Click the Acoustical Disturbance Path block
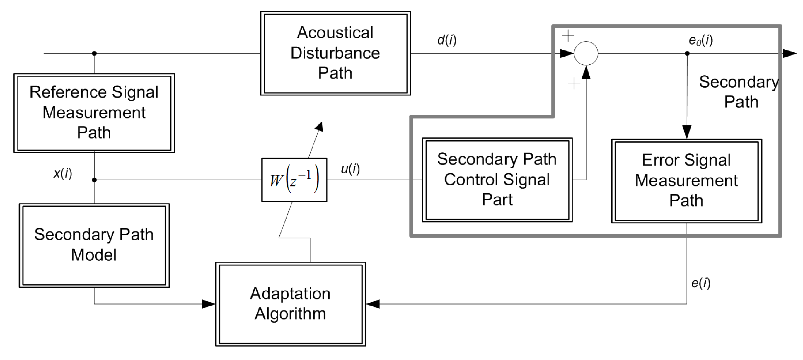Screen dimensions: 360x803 tap(335, 53)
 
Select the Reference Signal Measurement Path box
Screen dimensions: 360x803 tap(94, 113)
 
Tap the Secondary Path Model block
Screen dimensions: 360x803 tap(94, 245)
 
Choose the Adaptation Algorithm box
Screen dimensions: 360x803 tap(291, 304)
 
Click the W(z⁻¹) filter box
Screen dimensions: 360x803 tap(294, 180)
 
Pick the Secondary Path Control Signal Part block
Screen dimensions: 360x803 tap(497, 180)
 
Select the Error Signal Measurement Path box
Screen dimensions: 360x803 tap(686, 181)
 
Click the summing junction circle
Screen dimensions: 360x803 tap(586, 53)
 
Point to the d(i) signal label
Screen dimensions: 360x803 tap(447, 40)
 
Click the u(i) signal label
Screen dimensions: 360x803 tap(350, 169)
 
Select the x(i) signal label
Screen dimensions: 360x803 tap(63, 173)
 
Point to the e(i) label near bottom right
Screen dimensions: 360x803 tap(701, 283)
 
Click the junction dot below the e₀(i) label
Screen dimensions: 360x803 tap(687, 53)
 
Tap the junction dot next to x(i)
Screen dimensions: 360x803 tap(94, 180)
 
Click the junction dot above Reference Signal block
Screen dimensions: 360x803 tap(94, 53)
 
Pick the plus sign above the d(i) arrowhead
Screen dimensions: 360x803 tap(568, 35)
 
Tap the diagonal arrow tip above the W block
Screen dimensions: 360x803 tap(320, 125)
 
